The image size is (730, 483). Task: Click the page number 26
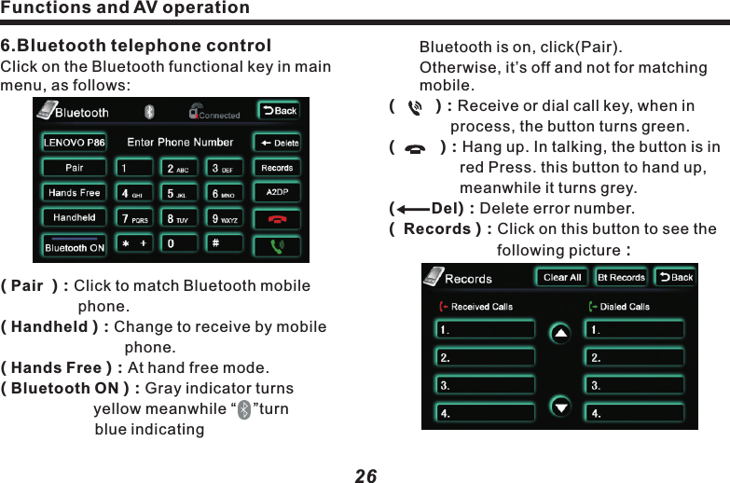click(365, 476)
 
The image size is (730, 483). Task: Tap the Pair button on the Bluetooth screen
click(75, 169)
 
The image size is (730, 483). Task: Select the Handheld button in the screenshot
click(75, 218)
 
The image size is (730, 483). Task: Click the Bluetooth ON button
click(75, 248)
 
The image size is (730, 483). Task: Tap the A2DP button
click(277, 193)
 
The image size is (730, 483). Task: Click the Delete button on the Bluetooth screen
click(279, 143)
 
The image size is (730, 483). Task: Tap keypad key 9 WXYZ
click(225, 219)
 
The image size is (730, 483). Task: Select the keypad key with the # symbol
click(225, 243)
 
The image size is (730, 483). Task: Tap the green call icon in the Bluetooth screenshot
click(277, 246)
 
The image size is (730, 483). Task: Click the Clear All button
click(561, 278)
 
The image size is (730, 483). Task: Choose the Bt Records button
click(621, 278)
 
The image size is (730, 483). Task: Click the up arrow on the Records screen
click(559, 334)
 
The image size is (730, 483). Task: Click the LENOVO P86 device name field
click(75, 143)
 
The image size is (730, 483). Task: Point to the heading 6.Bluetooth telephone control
click(136, 46)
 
